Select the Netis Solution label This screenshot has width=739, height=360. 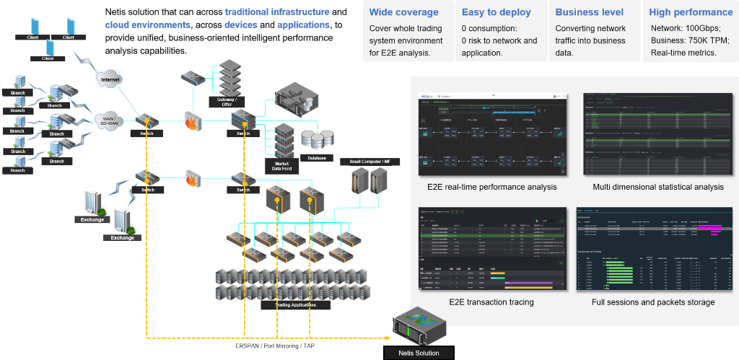419,353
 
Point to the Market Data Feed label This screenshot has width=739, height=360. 282,165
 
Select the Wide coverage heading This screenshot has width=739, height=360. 403,12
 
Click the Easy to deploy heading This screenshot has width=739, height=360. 496,12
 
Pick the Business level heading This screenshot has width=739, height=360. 590,12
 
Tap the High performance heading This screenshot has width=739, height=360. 691,12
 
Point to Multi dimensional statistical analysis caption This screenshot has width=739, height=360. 657,187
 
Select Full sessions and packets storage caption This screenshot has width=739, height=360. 653,302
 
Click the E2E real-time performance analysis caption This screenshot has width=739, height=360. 491,187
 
